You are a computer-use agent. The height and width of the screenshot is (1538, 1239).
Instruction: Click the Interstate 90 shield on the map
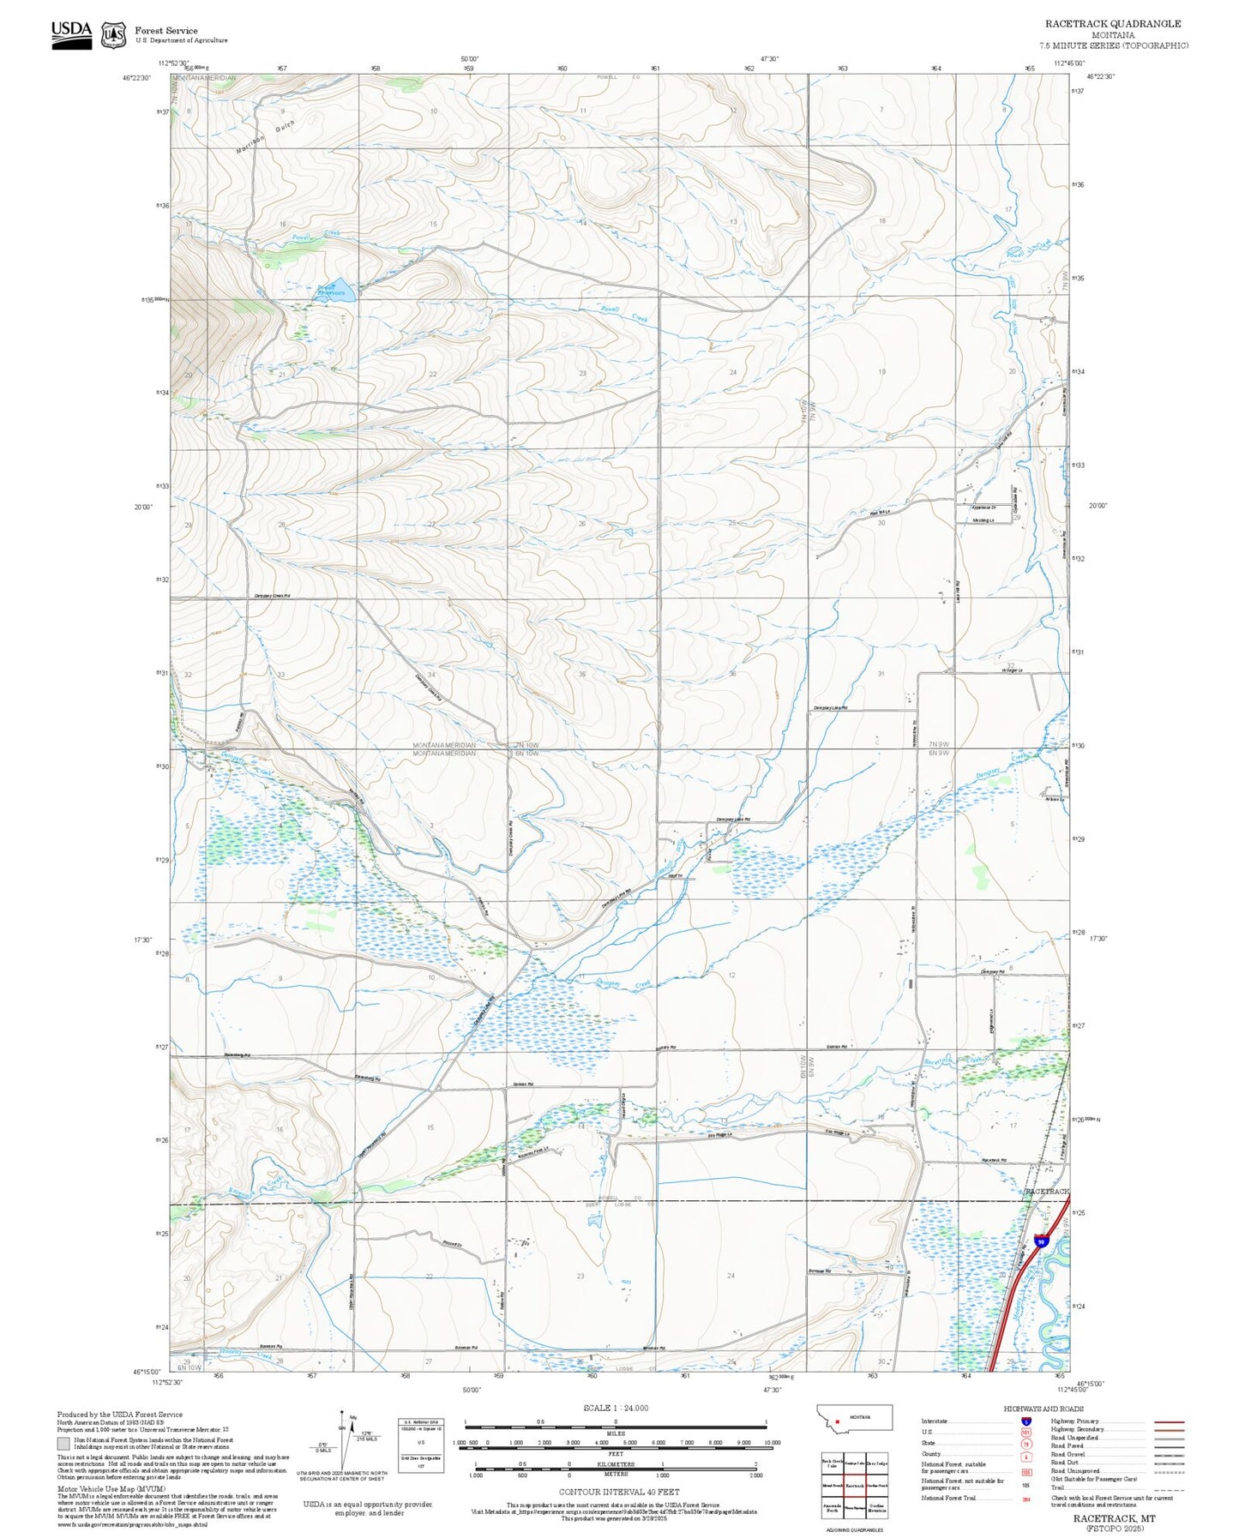click(1040, 1241)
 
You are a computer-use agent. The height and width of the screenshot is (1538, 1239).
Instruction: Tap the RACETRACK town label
click(1047, 1192)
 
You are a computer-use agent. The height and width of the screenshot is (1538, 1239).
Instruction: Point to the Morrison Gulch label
click(265, 137)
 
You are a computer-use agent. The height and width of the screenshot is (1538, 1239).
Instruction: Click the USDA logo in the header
click(71, 33)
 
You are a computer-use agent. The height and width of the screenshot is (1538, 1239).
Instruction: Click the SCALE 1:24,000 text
click(615, 1408)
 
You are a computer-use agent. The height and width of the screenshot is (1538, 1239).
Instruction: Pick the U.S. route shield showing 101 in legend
click(1025, 1432)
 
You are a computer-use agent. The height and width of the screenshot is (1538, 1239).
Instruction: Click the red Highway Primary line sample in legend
click(1169, 1421)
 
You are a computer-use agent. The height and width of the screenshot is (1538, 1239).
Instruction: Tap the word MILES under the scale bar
click(615, 1433)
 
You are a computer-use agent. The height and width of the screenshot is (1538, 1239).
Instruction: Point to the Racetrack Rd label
click(994, 1161)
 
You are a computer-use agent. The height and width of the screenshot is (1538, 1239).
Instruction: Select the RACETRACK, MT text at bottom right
click(1114, 1518)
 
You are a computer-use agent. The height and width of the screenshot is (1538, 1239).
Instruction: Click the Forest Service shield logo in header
click(113, 34)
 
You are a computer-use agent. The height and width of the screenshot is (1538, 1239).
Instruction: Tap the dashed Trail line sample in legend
click(1169, 1490)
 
